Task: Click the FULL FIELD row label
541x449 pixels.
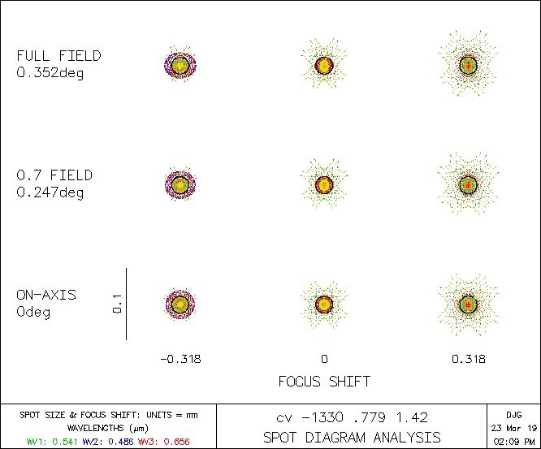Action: pyautogui.click(x=59, y=56)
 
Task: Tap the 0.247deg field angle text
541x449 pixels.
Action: pyautogui.click(x=50, y=192)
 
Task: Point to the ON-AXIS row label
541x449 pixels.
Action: pyautogui.click(x=46, y=295)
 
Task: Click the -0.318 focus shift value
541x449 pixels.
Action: pyautogui.click(x=180, y=359)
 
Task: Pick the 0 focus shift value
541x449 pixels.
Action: pyautogui.click(x=324, y=359)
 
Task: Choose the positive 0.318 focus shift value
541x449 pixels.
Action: pyautogui.click(x=469, y=359)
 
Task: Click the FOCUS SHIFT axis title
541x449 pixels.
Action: pyautogui.click(x=324, y=380)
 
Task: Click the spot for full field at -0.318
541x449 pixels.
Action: pyautogui.click(x=180, y=64)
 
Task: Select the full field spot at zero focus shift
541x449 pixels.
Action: pyautogui.click(x=324, y=64)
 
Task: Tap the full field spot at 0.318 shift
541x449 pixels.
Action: pyautogui.click(x=468, y=64)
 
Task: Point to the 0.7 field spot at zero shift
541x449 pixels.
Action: pyautogui.click(x=324, y=184)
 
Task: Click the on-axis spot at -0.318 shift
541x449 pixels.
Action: pyautogui.click(x=180, y=304)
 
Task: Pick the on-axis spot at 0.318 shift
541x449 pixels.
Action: pyautogui.click(x=468, y=304)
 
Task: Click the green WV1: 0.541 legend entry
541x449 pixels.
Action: pyautogui.click(x=45, y=441)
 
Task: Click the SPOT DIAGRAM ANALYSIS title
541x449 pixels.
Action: pyautogui.click(x=352, y=438)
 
